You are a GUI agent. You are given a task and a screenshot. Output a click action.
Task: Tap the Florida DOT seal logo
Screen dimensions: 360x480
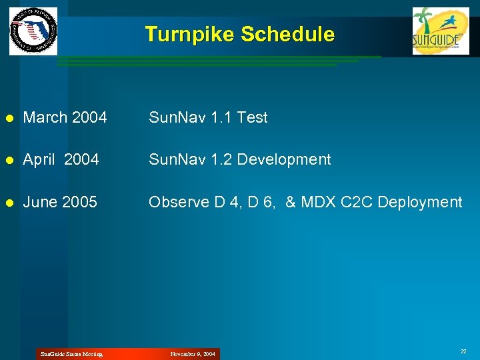pyautogui.click(x=33, y=31)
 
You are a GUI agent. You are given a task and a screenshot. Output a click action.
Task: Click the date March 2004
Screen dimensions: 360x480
pyautogui.click(x=65, y=118)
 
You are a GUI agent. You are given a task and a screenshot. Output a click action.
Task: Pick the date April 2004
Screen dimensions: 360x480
pyautogui.click(x=61, y=160)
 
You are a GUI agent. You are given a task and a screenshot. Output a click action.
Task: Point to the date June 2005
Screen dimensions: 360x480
pyautogui.click(x=60, y=202)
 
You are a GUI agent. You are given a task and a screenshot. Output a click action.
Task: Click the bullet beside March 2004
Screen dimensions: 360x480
pyautogui.click(x=9, y=119)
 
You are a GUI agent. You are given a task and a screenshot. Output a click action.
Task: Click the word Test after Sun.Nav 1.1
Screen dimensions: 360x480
pyautogui.click(x=252, y=118)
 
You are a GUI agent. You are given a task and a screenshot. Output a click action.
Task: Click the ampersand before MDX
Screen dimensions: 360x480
pyautogui.click(x=290, y=202)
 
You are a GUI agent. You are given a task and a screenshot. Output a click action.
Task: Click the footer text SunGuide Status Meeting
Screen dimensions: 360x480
pyautogui.click(x=71, y=354)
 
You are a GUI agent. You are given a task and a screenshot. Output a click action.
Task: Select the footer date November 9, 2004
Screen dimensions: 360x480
pyautogui.click(x=193, y=354)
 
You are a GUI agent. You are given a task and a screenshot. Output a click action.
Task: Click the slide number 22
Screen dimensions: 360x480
pyautogui.click(x=463, y=351)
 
